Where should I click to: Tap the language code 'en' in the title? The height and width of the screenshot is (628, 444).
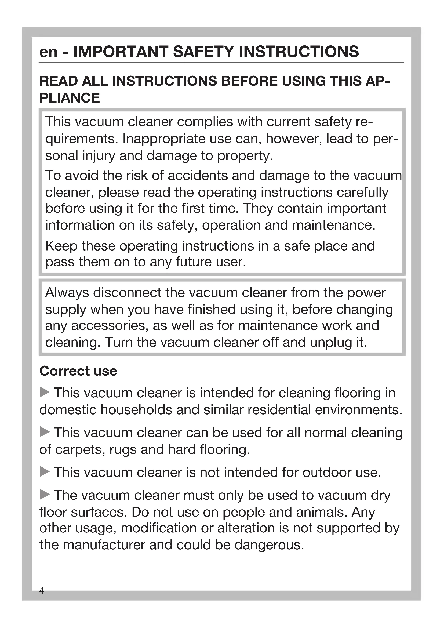48,52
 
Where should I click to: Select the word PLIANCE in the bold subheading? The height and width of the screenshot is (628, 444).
70,98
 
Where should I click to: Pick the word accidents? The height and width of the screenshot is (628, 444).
197,176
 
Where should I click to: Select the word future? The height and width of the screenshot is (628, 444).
193,262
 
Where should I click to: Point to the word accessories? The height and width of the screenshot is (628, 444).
110,326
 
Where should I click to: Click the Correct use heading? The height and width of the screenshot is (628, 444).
78,371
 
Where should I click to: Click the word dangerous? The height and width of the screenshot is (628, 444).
269,545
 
